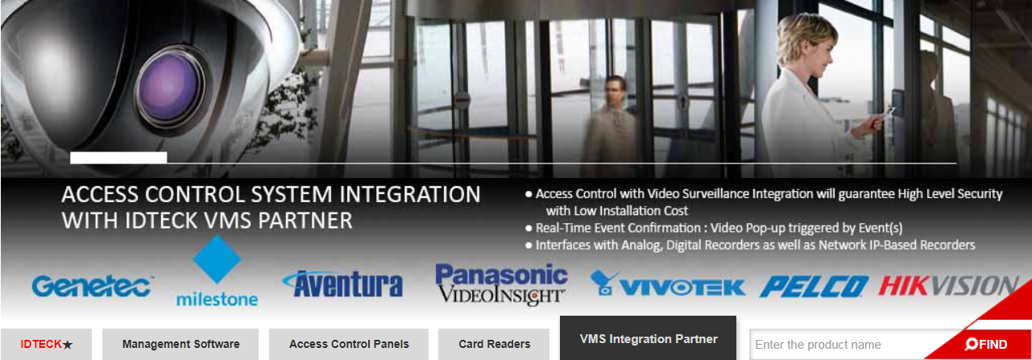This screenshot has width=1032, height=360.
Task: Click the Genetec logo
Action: click(93, 286)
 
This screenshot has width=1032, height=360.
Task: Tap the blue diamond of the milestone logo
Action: click(217, 259)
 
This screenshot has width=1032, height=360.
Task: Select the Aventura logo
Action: click(342, 283)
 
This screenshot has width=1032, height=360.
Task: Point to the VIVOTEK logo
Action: click(668, 283)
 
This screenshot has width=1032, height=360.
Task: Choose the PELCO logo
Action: click(814, 287)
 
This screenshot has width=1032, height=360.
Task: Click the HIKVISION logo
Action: click(948, 285)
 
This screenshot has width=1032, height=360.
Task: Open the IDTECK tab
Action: click(46, 344)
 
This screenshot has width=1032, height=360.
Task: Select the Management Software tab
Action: click(180, 344)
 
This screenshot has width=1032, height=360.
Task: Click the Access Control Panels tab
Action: click(349, 344)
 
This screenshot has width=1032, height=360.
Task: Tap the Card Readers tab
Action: click(494, 344)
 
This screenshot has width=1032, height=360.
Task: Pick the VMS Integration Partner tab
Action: click(649, 338)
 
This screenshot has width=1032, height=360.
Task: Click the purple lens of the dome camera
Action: click(169, 88)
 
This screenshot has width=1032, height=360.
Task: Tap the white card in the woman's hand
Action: click(889, 111)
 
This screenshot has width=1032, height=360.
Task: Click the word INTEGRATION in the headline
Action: click(410, 194)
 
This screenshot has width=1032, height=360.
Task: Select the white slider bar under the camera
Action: click(118, 157)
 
